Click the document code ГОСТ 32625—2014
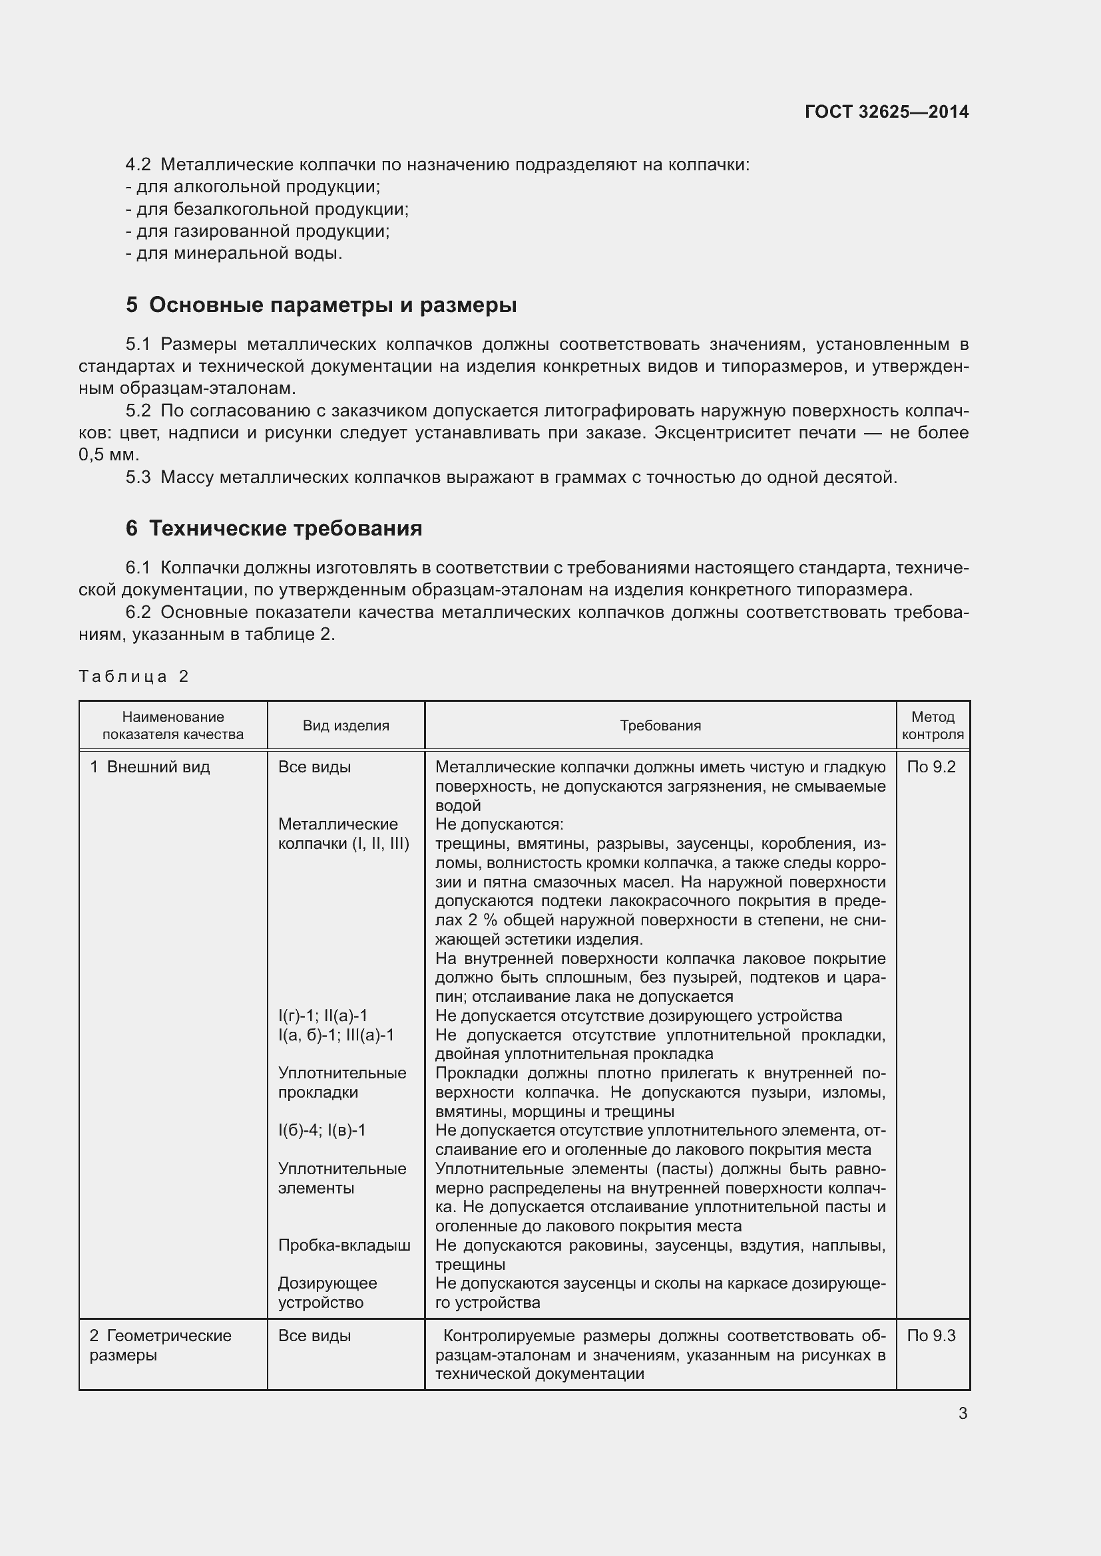tap(886, 112)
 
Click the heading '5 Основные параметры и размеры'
tap(321, 305)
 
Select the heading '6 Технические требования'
tap(273, 528)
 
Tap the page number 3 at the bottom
tap(963, 1414)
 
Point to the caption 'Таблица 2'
tap(134, 677)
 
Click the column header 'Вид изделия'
tap(345, 726)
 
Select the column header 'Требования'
tap(660, 726)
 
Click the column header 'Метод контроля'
tap(932, 726)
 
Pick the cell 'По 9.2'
tap(931, 767)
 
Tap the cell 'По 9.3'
tap(931, 1336)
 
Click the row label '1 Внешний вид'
tap(150, 767)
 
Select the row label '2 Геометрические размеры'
tap(160, 1345)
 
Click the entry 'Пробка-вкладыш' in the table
tap(344, 1245)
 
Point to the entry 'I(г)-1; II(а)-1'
tap(323, 1016)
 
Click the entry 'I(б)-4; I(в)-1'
tap(322, 1130)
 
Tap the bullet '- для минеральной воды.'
tap(234, 253)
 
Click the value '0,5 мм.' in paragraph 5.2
tap(109, 455)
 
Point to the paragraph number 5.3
tap(138, 478)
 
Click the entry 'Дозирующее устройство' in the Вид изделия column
tap(328, 1293)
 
